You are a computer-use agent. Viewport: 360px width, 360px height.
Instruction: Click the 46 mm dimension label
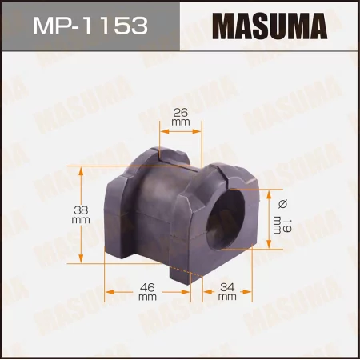[x=146, y=290]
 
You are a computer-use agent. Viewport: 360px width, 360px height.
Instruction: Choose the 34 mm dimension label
[x=226, y=290]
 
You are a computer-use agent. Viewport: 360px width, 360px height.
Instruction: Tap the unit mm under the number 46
[x=146, y=297]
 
